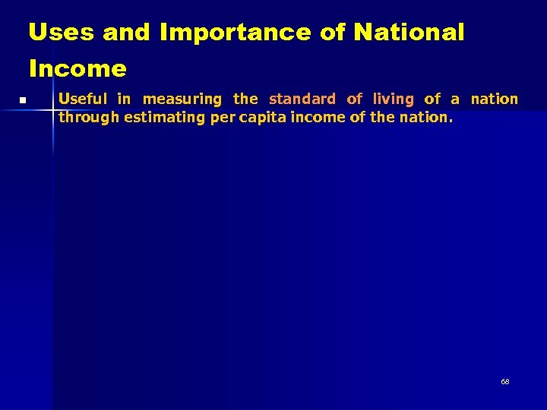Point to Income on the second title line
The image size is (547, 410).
point(77,69)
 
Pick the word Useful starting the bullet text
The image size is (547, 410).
point(83,99)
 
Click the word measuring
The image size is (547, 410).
point(182,99)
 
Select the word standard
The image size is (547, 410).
point(302,99)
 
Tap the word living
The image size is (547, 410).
point(393,99)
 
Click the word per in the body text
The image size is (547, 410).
point(224,117)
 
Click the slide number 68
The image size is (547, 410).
point(505,381)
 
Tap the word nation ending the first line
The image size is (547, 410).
point(494,99)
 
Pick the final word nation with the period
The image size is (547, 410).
point(425,117)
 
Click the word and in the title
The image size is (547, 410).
point(130,33)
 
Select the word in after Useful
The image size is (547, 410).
point(124,99)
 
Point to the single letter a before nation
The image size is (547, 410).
point(455,99)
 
